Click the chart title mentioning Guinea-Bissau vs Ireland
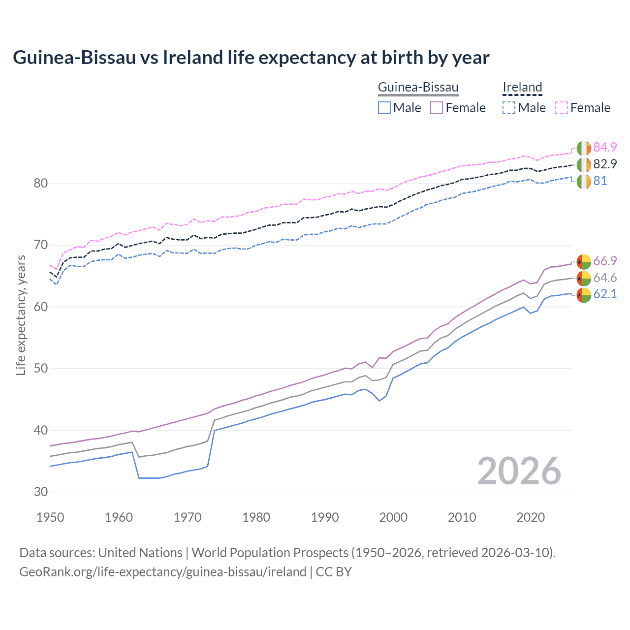pos(251,58)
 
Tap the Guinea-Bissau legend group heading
pos(418,88)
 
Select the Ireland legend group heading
pos(522,88)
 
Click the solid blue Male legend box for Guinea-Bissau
pos(384,108)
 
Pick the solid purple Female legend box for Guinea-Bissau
pos(437,108)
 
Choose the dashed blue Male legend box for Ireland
pos(509,108)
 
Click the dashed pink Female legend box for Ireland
pos(562,108)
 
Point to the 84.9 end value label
pos(605,148)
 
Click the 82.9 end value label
pos(605,164)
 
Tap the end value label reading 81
pos(600,181)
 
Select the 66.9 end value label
pos(605,261)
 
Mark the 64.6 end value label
pos(605,278)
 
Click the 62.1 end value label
pos(605,294)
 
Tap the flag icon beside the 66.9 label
pos(584,261)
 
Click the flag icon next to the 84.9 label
pos(584,148)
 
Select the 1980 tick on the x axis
pos(256,517)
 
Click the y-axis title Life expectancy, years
pos(21,315)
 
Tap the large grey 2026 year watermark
pos(519,471)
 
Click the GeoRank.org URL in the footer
pos(162,572)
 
